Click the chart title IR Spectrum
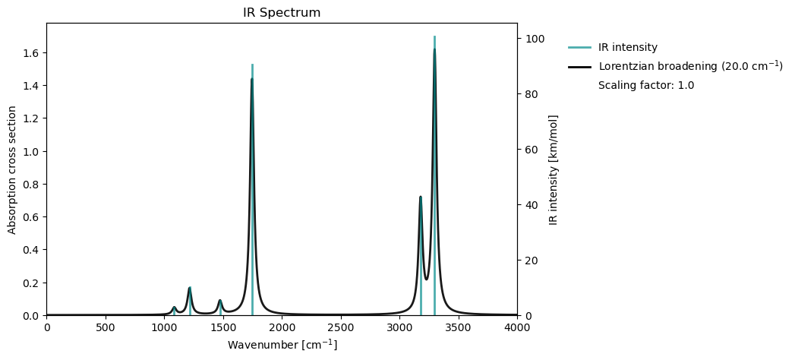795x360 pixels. tap(282, 13)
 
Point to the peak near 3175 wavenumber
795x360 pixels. tap(420, 197)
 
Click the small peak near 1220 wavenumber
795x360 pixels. tap(190, 288)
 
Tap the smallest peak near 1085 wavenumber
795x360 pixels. tap(174, 307)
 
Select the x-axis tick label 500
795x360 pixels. tap(106, 327)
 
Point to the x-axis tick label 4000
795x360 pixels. tap(516, 327)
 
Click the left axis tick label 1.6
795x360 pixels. tap(32, 53)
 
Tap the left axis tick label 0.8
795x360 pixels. tap(32, 185)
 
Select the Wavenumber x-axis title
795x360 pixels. tap(282, 345)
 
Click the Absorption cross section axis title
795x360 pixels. tap(12, 169)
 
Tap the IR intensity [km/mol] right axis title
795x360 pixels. tap(554, 169)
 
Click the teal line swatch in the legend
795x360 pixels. tap(579, 47)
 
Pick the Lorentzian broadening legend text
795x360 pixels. tap(690, 66)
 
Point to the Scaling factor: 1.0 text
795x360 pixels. tap(645, 85)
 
